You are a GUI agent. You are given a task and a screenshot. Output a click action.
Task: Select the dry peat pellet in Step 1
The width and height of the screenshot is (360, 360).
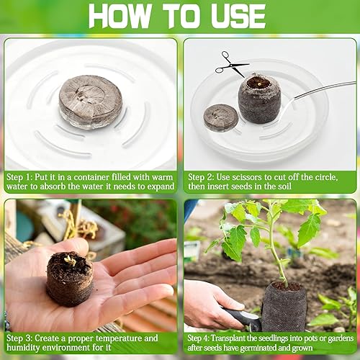(90, 103)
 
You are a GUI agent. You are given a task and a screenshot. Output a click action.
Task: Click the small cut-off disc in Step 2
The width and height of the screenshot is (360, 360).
(220, 117)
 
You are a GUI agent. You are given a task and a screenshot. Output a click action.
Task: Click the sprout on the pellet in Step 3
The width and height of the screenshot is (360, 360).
(70, 260)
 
